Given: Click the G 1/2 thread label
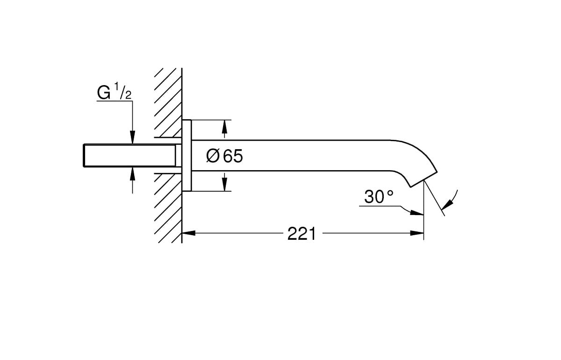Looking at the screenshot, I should click(114, 93).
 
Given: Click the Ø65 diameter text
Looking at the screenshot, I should click(225, 156).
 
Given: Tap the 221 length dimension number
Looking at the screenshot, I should click(302, 233).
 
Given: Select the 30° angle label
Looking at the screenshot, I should click(379, 197).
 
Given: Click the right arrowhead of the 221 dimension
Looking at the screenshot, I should click(417, 233).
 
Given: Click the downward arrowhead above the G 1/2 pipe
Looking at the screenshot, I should click(133, 137).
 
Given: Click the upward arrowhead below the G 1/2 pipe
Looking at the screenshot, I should click(133, 173).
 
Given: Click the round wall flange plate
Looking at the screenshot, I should click(187, 155).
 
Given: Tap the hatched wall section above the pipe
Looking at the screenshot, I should click(168, 103).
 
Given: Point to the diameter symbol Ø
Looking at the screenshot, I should click(213, 156).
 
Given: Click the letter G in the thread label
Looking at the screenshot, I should click(103, 93).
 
